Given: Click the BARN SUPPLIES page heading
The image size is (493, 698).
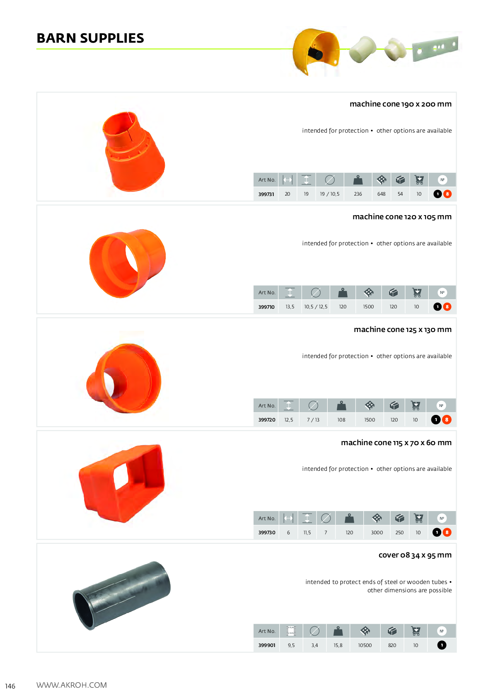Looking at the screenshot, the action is tap(90, 38).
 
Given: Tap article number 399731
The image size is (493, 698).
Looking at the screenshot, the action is tap(266, 194).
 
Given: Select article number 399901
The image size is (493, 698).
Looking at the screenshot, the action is tap(266, 645).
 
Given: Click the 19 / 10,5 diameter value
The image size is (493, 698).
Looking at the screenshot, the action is tap(329, 194).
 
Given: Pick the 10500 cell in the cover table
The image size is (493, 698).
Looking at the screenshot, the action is tap(365, 645).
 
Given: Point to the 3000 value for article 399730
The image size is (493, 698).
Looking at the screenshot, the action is tap(377, 532).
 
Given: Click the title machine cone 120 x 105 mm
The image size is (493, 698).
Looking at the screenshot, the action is tap(402, 216).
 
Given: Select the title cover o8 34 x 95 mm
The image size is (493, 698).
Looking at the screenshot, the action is tap(415, 555).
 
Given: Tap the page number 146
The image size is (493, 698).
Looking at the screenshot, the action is tap(10, 686).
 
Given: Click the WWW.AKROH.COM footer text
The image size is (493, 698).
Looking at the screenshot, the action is tap(72, 685).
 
